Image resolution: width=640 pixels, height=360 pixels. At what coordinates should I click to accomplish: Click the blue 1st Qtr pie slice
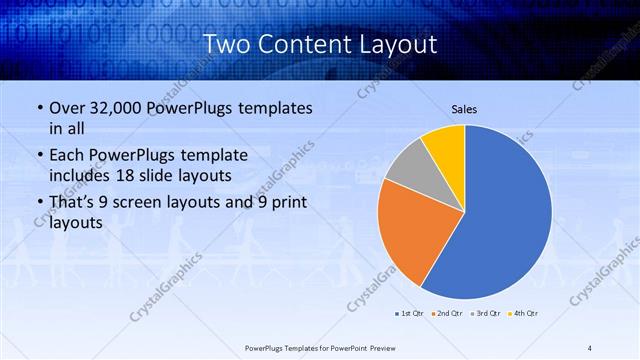[x=505, y=215]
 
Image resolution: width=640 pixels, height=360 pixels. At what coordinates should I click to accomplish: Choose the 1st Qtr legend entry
[x=409, y=314]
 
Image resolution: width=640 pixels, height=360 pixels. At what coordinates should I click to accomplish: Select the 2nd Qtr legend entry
[x=446, y=314]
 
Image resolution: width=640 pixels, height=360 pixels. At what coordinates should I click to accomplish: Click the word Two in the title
[x=226, y=44]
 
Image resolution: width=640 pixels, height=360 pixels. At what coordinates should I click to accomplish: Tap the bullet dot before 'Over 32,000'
[x=37, y=108]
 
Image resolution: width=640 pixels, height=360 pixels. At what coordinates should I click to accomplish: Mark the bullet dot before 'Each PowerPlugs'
[x=37, y=156]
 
